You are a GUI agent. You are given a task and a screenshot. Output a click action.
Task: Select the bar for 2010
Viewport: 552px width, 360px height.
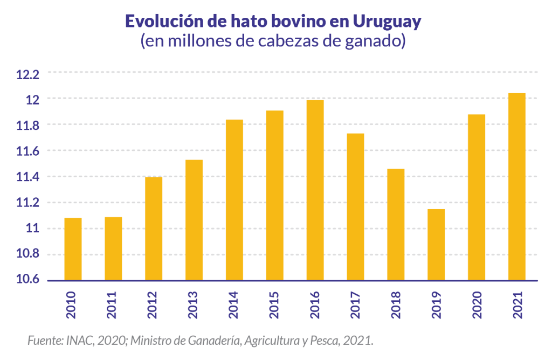coord(73,249)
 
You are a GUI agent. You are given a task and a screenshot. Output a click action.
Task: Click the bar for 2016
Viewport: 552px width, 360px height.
coord(315,190)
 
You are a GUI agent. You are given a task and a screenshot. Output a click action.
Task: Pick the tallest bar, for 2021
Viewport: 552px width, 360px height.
coord(517,186)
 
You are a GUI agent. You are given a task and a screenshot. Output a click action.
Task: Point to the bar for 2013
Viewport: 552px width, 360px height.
coord(194,220)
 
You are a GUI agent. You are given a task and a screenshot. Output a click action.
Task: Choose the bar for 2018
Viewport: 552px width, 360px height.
coord(396,224)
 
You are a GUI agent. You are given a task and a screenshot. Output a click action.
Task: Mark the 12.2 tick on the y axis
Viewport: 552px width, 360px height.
coord(28,74)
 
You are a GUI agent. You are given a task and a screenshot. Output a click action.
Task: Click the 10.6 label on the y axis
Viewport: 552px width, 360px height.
coord(28,280)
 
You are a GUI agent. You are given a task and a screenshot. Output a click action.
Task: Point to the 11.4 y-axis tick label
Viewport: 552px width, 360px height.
coord(28,177)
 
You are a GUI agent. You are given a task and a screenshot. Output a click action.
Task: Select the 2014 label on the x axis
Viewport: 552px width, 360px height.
coord(234,304)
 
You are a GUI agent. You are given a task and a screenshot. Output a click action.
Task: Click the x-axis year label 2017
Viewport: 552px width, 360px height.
coord(356,304)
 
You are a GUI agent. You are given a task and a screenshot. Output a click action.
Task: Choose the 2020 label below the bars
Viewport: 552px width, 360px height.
coord(477,304)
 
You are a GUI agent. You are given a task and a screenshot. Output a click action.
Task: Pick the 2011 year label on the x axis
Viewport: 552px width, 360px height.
coord(113,304)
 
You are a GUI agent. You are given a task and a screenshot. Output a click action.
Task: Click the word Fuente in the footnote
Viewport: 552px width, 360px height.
coord(44,341)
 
